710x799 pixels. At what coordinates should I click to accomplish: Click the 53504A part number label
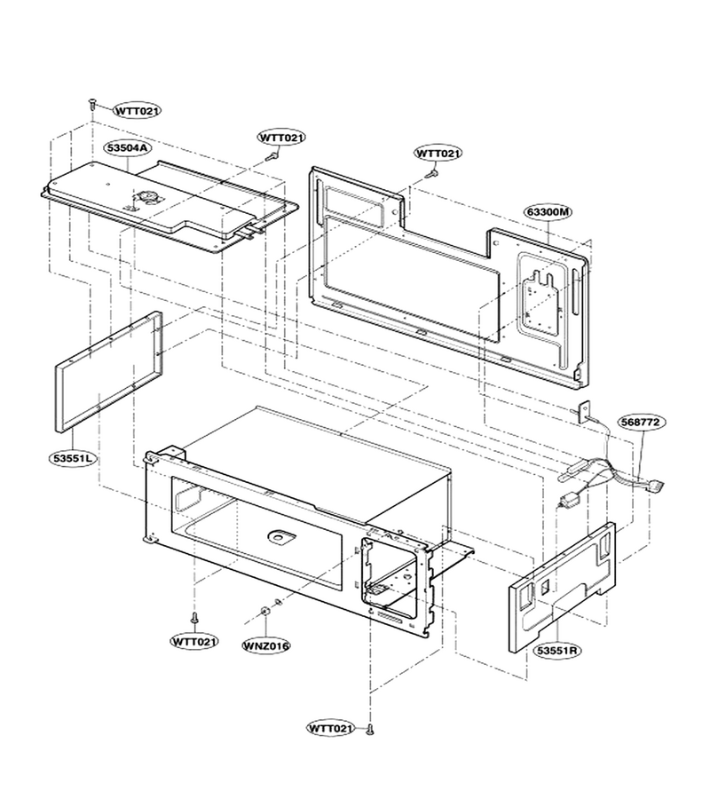pos(127,147)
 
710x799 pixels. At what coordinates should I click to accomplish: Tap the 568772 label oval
pos(642,422)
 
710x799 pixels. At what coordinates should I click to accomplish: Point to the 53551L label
pos(74,458)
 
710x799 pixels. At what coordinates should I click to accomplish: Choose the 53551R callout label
pos(557,650)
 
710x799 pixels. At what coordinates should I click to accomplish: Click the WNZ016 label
pos(266,645)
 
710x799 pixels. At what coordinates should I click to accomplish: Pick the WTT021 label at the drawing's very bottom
pos(330,728)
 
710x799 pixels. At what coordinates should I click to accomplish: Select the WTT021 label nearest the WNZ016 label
pos(194,641)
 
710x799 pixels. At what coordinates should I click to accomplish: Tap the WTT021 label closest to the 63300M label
pos(438,154)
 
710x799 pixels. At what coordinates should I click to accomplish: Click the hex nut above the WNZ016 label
pos(264,611)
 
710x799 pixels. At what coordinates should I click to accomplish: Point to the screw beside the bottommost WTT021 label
pos(370,730)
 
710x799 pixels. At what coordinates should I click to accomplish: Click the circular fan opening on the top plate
pos(149,197)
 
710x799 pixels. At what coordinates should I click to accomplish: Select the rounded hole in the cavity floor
pos(281,536)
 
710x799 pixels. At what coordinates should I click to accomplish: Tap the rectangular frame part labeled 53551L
pos(108,372)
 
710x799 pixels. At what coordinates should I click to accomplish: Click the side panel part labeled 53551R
pos(563,587)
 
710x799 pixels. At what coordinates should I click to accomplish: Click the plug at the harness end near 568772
pos(658,487)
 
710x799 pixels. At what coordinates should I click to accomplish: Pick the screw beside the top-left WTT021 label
pos(92,104)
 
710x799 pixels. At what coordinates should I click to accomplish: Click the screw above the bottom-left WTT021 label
pos(194,618)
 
